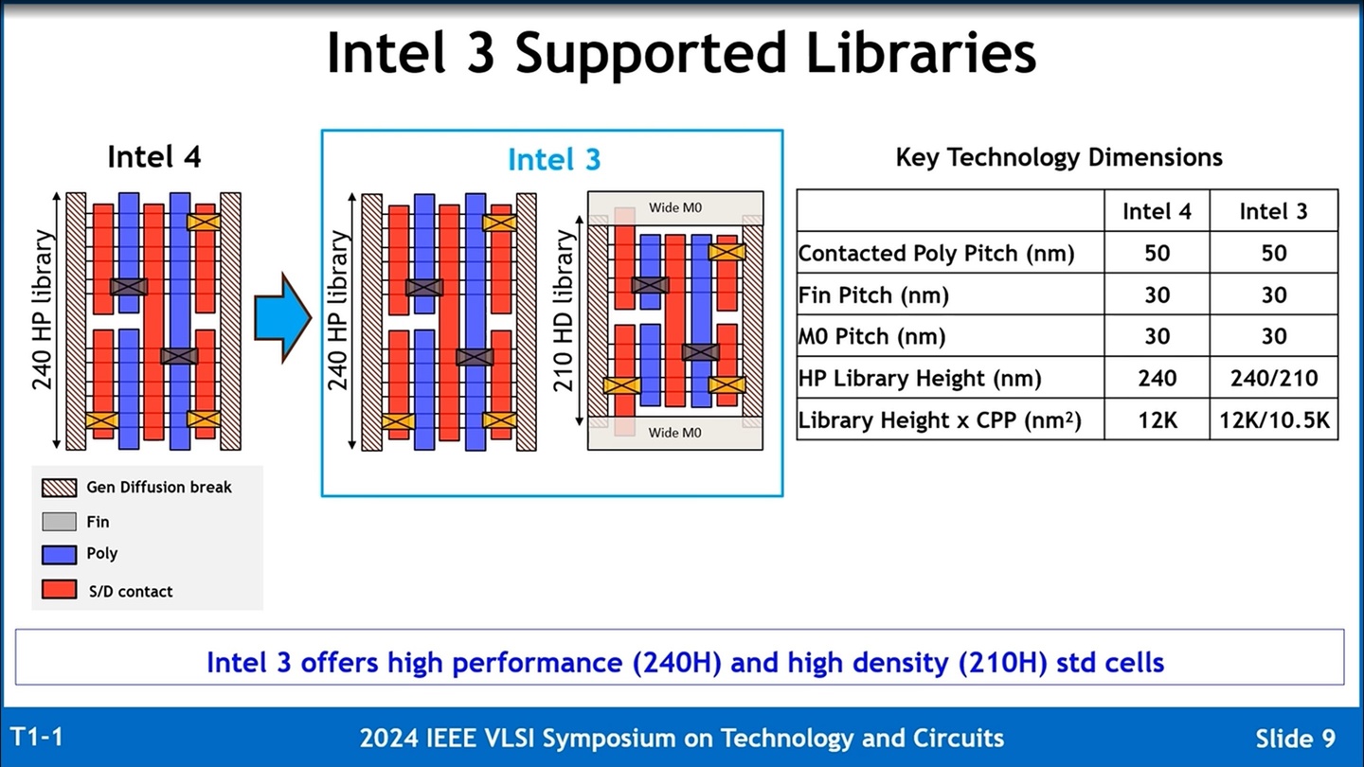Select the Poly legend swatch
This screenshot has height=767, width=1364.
[x=59, y=554]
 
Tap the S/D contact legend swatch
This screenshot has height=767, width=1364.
[x=59, y=590]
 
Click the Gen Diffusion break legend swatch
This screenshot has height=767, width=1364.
[x=59, y=488]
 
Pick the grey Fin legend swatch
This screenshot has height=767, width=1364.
[x=59, y=521]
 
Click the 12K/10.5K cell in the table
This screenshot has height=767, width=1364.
[x=1273, y=419]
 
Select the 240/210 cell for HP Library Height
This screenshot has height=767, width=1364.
[x=1273, y=378]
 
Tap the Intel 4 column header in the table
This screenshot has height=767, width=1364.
[x=1157, y=211]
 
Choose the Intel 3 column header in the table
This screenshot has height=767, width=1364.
[x=1273, y=211]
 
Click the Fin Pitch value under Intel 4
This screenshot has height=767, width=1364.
[x=1157, y=294]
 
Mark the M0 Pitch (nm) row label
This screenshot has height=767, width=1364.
[x=871, y=336]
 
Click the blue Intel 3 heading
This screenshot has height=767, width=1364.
[x=554, y=160]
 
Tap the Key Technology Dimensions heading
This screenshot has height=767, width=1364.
[x=1059, y=157]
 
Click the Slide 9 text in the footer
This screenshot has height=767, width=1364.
[x=1295, y=739]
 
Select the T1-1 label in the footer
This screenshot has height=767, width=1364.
[x=37, y=737]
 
